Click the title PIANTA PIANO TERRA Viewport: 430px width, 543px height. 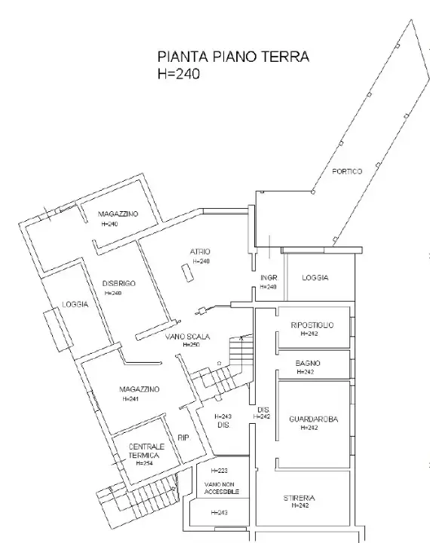(x=232, y=57)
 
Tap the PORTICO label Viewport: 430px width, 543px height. (x=346, y=172)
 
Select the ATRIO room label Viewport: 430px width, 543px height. (x=200, y=252)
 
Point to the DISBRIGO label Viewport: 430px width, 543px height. (x=118, y=283)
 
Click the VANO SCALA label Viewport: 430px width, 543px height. (x=187, y=336)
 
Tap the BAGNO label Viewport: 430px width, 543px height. (x=308, y=363)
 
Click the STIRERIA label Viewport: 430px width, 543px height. (x=299, y=498)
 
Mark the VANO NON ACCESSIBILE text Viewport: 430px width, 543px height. (x=219, y=487)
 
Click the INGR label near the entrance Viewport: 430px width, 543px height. (x=269, y=278)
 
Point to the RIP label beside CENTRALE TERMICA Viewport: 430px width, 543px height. (x=183, y=437)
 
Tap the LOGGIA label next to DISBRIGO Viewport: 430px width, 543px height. (x=75, y=305)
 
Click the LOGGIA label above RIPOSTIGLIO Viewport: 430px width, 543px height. (x=315, y=278)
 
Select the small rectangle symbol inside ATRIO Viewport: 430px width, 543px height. (x=184, y=271)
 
